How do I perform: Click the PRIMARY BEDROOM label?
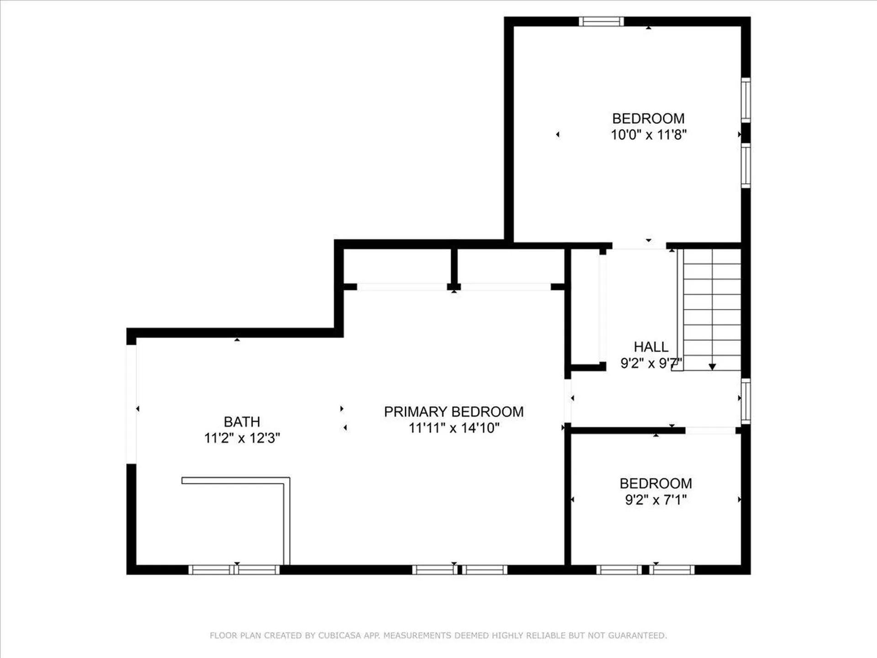tap(454, 412)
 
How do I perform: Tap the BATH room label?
tap(242, 422)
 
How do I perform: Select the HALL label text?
tap(651, 347)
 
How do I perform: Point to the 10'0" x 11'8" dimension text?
tap(649, 134)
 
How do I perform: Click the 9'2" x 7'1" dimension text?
tap(656, 499)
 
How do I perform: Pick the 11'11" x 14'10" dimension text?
tap(454, 428)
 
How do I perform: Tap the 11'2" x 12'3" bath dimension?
tap(242, 438)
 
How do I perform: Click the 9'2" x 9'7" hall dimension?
tap(651, 363)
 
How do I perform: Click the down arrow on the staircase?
tap(712, 367)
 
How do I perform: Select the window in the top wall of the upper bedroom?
tap(601, 21)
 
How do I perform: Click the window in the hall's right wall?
tap(745, 401)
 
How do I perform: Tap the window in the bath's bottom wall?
tap(234, 569)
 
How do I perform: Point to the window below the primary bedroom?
tap(460, 569)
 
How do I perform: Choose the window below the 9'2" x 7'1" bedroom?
tap(645, 569)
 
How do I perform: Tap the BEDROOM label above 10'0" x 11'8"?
tap(649, 118)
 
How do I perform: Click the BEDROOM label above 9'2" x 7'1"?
tap(656, 483)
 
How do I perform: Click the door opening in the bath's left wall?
tap(131, 404)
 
